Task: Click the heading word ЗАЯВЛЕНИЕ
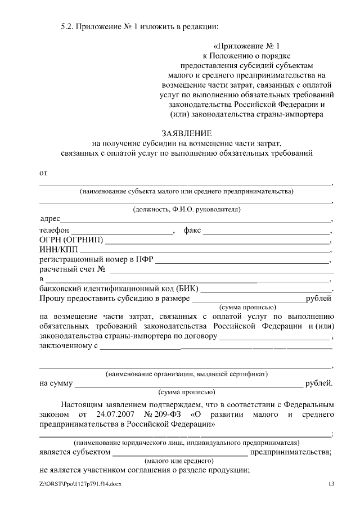point(186,133)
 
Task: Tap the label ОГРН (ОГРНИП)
point(71,240)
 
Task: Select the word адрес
point(50,219)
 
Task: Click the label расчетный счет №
point(73,269)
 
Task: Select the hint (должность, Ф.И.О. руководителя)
point(186,210)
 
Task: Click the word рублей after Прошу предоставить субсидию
point(318,298)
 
